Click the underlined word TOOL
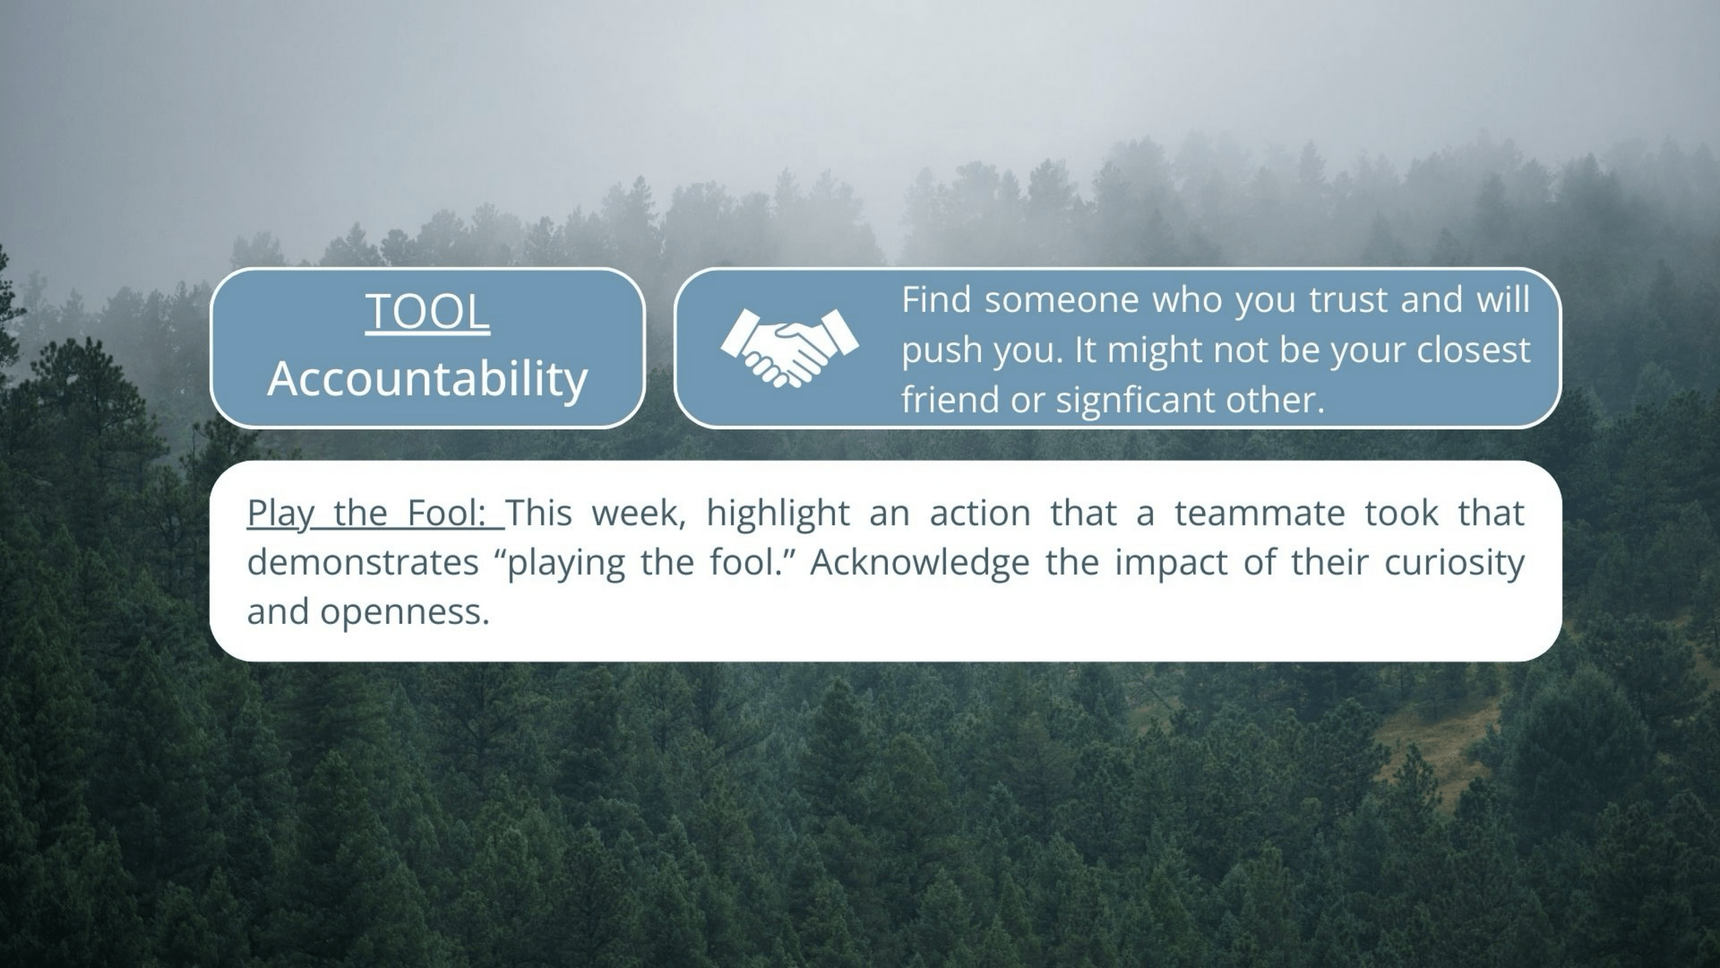click(428, 312)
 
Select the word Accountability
click(428, 379)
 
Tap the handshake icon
click(789, 348)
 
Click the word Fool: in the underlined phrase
click(447, 513)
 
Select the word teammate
click(1259, 513)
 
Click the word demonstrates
click(363, 563)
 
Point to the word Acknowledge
click(920, 564)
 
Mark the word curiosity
click(1454, 564)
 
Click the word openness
click(405, 612)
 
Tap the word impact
click(1171, 564)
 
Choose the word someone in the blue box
click(1062, 300)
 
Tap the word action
click(980, 513)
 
